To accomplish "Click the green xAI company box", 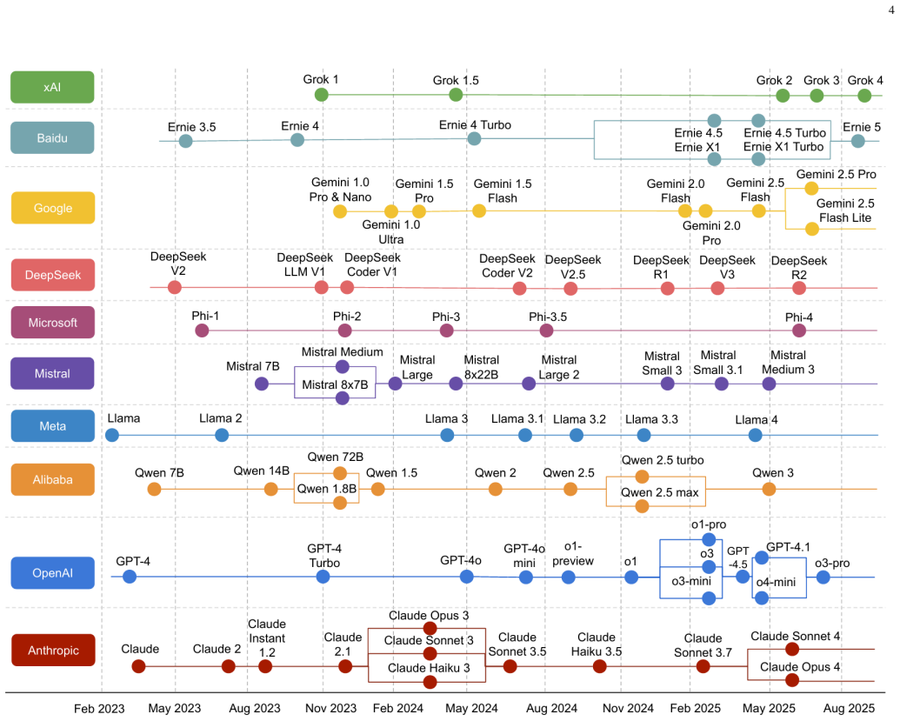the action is tap(52, 87).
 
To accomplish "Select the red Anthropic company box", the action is tap(53, 650).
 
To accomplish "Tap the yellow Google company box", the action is tap(53, 208).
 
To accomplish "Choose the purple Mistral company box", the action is tap(52, 374).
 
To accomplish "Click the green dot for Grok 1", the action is tap(322, 95).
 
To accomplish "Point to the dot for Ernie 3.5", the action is tap(185, 141).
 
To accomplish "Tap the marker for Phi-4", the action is tap(799, 330).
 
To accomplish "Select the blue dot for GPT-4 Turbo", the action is tap(323, 577).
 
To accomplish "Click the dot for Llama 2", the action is tap(222, 435).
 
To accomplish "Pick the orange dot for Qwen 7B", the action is tap(155, 489).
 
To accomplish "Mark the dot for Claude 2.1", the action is tap(345, 666).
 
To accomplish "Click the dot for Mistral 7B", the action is tap(262, 384).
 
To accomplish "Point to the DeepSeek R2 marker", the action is tap(799, 288).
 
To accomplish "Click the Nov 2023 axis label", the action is tap(330, 708).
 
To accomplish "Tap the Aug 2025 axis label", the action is tap(850, 708).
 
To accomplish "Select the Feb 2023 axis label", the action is tap(99, 708).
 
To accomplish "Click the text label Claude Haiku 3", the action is tap(429, 668).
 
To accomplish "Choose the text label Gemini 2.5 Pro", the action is tap(837, 174).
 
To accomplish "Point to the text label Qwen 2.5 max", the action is tap(660, 492).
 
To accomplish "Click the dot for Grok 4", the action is tap(864, 96).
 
